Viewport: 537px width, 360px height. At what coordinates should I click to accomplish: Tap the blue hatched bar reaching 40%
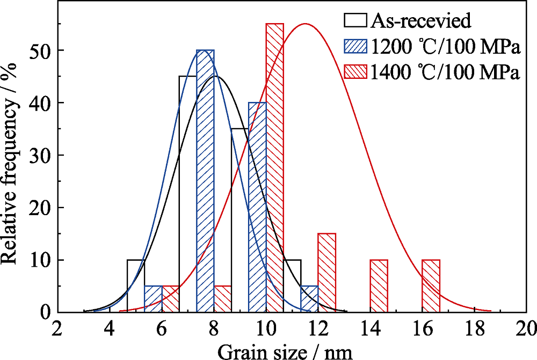(257, 207)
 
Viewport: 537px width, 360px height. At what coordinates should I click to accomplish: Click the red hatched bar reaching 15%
(326, 273)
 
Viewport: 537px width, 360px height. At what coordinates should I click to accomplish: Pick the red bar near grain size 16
(431, 286)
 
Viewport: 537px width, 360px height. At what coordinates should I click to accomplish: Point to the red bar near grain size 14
(379, 286)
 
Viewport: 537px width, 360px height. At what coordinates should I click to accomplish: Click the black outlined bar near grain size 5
(136, 286)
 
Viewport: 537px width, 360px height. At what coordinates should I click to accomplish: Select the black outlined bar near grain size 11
(292, 286)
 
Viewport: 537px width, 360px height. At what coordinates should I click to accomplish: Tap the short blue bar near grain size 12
(309, 299)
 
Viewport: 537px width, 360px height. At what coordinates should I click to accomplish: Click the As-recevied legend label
(420, 21)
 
